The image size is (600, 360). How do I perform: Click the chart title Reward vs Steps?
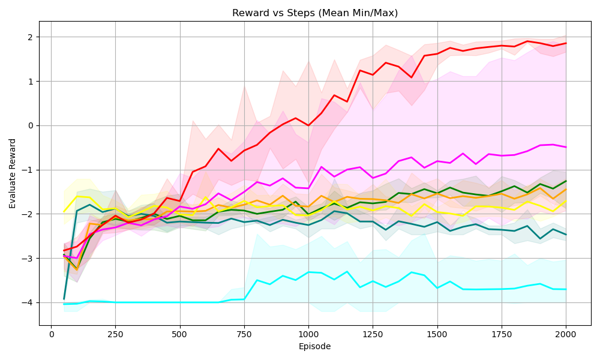[x=315, y=13]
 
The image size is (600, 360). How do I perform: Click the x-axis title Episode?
[x=315, y=346]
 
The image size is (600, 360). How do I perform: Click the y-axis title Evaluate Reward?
[x=13, y=173]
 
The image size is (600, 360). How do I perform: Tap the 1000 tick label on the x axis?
[x=308, y=334]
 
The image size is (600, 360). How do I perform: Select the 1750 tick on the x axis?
[x=502, y=334]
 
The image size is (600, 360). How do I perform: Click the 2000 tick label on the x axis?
[x=566, y=334]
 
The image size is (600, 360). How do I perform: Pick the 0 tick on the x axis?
[x=52, y=334]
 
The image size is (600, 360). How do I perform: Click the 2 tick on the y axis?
[x=31, y=37]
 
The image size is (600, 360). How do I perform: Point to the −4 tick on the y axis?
[x=29, y=303]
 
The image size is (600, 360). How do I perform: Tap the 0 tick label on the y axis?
[x=31, y=125]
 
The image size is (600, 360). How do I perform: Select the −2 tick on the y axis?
[x=29, y=214]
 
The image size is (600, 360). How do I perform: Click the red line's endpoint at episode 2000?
[x=566, y=43]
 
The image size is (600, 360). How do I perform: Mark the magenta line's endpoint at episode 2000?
[x=566, y=147]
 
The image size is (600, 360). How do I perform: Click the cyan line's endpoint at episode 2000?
[x=566, y=289]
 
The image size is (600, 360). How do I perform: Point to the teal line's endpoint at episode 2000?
[x=566, y=235]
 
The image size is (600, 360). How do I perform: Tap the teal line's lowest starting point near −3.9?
[x=64, y=299]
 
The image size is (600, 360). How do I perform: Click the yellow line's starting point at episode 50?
[x=64, y=211]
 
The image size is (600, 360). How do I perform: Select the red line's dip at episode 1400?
[x=411, y=77]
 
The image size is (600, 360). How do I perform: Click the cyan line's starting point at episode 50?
[x=64, y=304]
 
